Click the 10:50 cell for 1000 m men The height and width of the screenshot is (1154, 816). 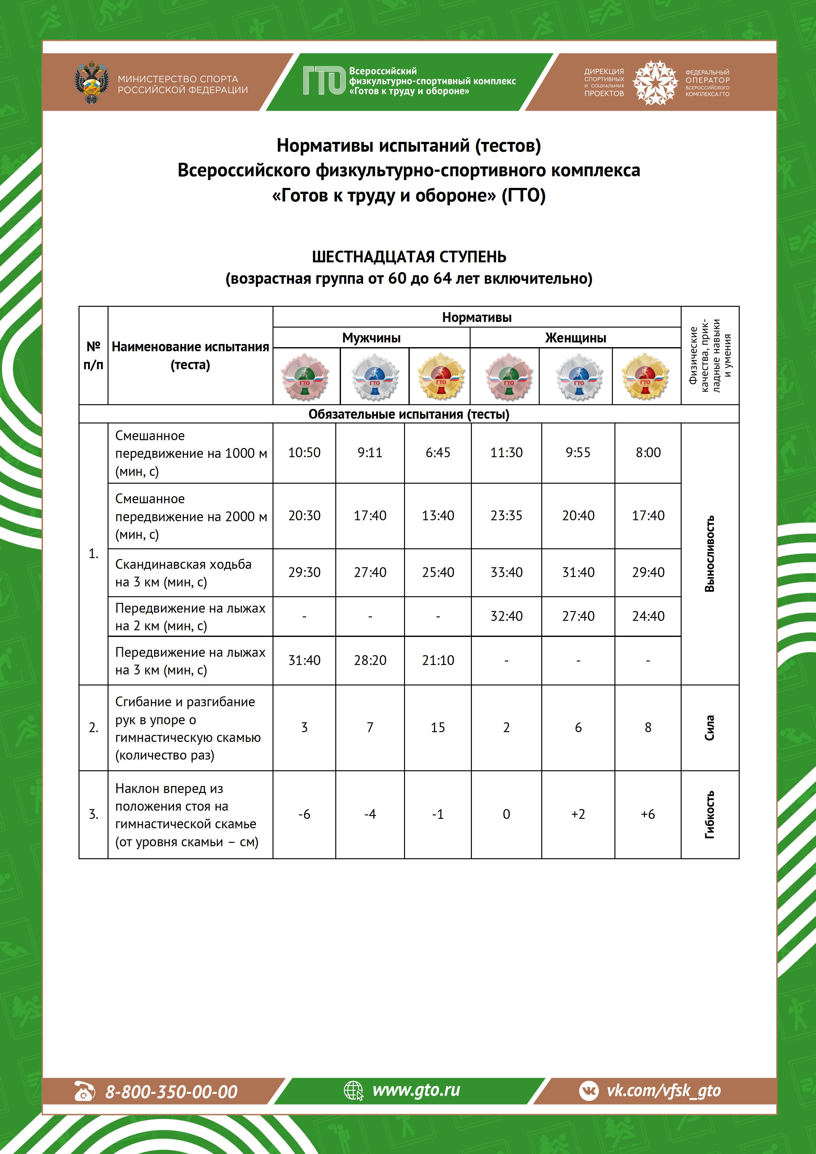(304, 452)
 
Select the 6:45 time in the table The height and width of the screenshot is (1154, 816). (438, 452)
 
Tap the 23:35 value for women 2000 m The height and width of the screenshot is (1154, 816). (506, 516)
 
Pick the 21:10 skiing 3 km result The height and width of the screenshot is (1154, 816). (438, 661)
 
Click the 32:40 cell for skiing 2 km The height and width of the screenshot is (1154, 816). (506, 616)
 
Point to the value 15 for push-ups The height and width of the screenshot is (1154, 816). (438, 727)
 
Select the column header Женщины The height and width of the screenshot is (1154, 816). (576, 338)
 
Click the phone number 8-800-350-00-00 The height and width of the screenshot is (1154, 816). (171, 1092)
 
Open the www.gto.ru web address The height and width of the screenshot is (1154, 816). (416, 1090)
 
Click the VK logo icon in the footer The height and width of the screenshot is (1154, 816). (589, 1091)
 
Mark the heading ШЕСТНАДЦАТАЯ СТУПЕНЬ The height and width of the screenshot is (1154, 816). (409, 257)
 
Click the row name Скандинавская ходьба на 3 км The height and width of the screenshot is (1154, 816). (184, 573)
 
